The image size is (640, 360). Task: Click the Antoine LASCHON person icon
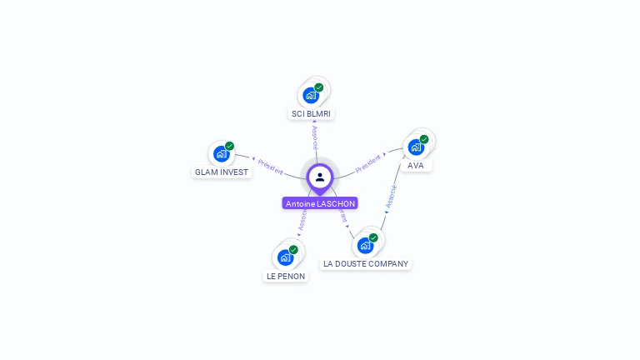tap(320, 177)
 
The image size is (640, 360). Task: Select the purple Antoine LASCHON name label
tap(320, 203)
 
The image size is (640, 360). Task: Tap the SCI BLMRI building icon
tap(311, 95)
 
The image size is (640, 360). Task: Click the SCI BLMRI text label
tap(312, 113)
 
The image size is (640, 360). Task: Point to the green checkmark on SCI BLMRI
tap(319, 87)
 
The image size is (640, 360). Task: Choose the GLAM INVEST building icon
tap(221, 154)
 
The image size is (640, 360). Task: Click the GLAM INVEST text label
tap(222, 172)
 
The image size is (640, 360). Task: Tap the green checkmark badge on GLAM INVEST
tap(229, 146)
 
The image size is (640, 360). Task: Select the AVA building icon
tap(415, 147)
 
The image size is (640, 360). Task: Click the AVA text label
tap(416, 166)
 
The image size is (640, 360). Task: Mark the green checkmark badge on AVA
tap(424, 139)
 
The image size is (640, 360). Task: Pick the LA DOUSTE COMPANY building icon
tap(365, 246)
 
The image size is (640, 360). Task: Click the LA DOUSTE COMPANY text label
tap(366, 264)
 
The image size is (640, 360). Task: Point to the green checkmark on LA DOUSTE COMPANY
tap(373, 237)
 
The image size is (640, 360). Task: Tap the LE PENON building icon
tap(285, 257)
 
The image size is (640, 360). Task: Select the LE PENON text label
tap(286, 276)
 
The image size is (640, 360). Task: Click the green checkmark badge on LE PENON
tap(293, 249)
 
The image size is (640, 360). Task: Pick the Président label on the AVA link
tap(367, 163)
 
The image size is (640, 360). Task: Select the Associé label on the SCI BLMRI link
tap(314, 137)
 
